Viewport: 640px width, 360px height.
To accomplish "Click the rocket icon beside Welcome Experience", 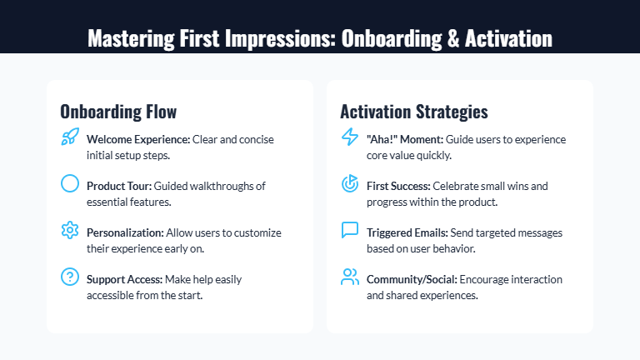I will (x=70, y=138).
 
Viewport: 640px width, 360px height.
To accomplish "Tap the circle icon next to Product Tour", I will (x=70, y=184).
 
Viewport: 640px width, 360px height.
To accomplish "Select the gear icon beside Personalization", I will (x=70, y=231).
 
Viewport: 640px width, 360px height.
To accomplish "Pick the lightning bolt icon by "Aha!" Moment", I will (x=350, y=138).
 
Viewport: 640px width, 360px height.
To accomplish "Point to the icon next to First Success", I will (x=350, y=184).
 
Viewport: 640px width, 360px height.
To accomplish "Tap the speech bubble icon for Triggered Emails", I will (x=350, y=231).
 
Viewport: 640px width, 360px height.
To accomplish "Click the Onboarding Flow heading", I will (x=118, y=112).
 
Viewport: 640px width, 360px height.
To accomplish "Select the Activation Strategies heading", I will (x=414, y=112).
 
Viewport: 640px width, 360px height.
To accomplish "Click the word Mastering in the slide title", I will (x=126, y=39).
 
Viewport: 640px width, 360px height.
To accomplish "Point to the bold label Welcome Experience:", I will (x=138, y=139).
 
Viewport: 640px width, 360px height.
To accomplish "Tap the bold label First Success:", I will (x=398, y=186).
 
